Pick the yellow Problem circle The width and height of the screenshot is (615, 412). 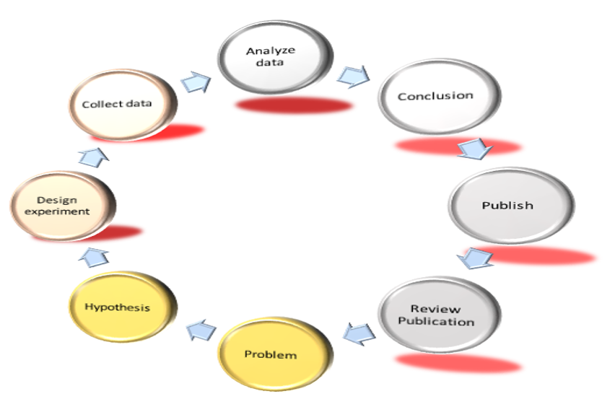(271, 356)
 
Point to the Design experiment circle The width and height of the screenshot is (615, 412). (64, 208)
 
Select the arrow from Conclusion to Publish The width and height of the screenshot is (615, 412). (474, 149)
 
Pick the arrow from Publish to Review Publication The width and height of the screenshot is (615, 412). (475, 258)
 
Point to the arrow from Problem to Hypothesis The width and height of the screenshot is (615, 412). (200, 330)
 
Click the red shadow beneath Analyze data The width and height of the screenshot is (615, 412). (293, 106)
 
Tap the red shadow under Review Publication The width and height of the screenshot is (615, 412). (458, 364)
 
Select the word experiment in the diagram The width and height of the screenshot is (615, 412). (64, 211)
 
